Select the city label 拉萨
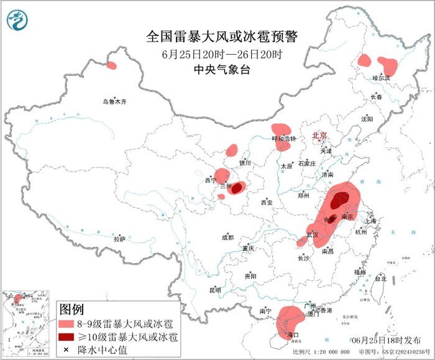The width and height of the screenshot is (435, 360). point(119,239)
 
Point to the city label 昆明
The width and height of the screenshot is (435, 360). point(215,290)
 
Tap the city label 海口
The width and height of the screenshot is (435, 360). point(290,335)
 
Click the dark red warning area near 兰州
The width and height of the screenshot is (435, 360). point(236,187)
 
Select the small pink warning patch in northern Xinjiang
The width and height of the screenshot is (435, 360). point(112,65)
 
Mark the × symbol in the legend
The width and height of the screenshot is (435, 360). point(66,349)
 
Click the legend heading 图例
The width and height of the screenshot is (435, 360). point(71,309)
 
